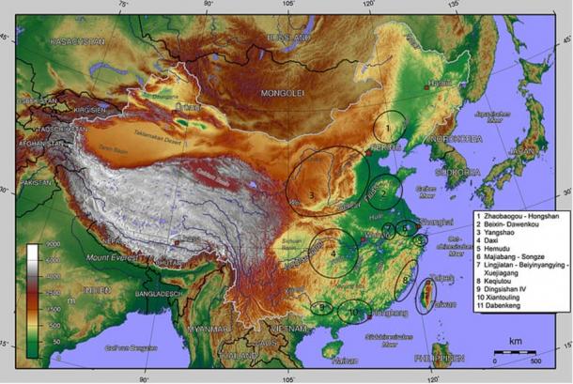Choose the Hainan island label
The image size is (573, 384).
click(x=345, y=361)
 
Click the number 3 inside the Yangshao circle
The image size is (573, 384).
click(x=311, y=195)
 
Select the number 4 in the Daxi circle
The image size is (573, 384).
click(x=333, y=252)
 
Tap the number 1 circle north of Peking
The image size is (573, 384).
click(x=387, y=126)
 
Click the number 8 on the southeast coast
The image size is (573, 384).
click(x=405, y=279)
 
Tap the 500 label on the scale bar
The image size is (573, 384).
click(x=534, y=360)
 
